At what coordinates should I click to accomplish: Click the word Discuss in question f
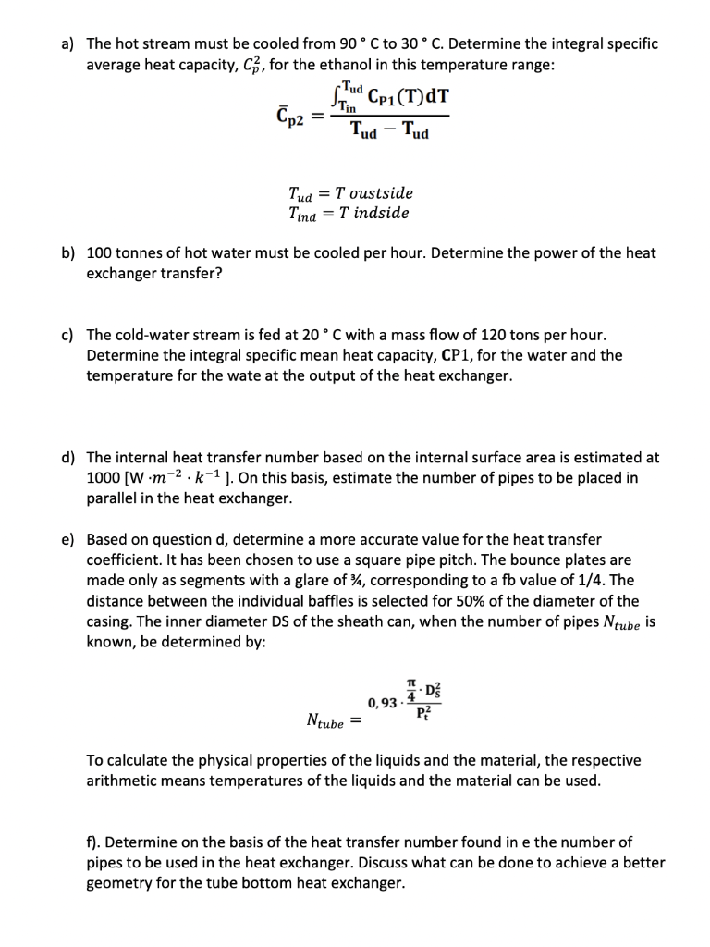438,863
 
